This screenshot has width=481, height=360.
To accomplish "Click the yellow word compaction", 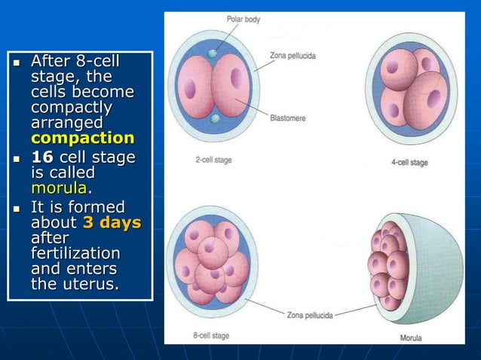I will click(x=82, y=139).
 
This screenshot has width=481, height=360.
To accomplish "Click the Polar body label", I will click(x=243, y=19).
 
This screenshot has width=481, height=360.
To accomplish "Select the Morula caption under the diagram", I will click(x=410, y=337).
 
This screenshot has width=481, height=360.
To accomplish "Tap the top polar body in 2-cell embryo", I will click(x=213, y=53).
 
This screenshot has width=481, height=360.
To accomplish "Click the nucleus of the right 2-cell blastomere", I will click(x=240, y=78).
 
